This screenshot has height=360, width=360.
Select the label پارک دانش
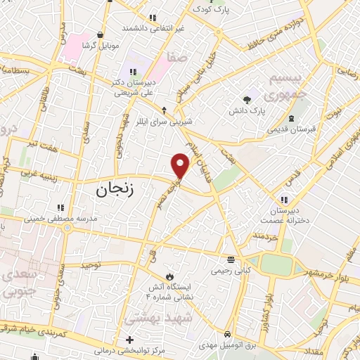[x=246, y=111]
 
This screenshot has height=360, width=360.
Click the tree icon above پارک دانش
[x=246, y=99]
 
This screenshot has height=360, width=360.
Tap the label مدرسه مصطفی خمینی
[x=62, y=219]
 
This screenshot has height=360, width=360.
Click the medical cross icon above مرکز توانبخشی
[x=129, y=340]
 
